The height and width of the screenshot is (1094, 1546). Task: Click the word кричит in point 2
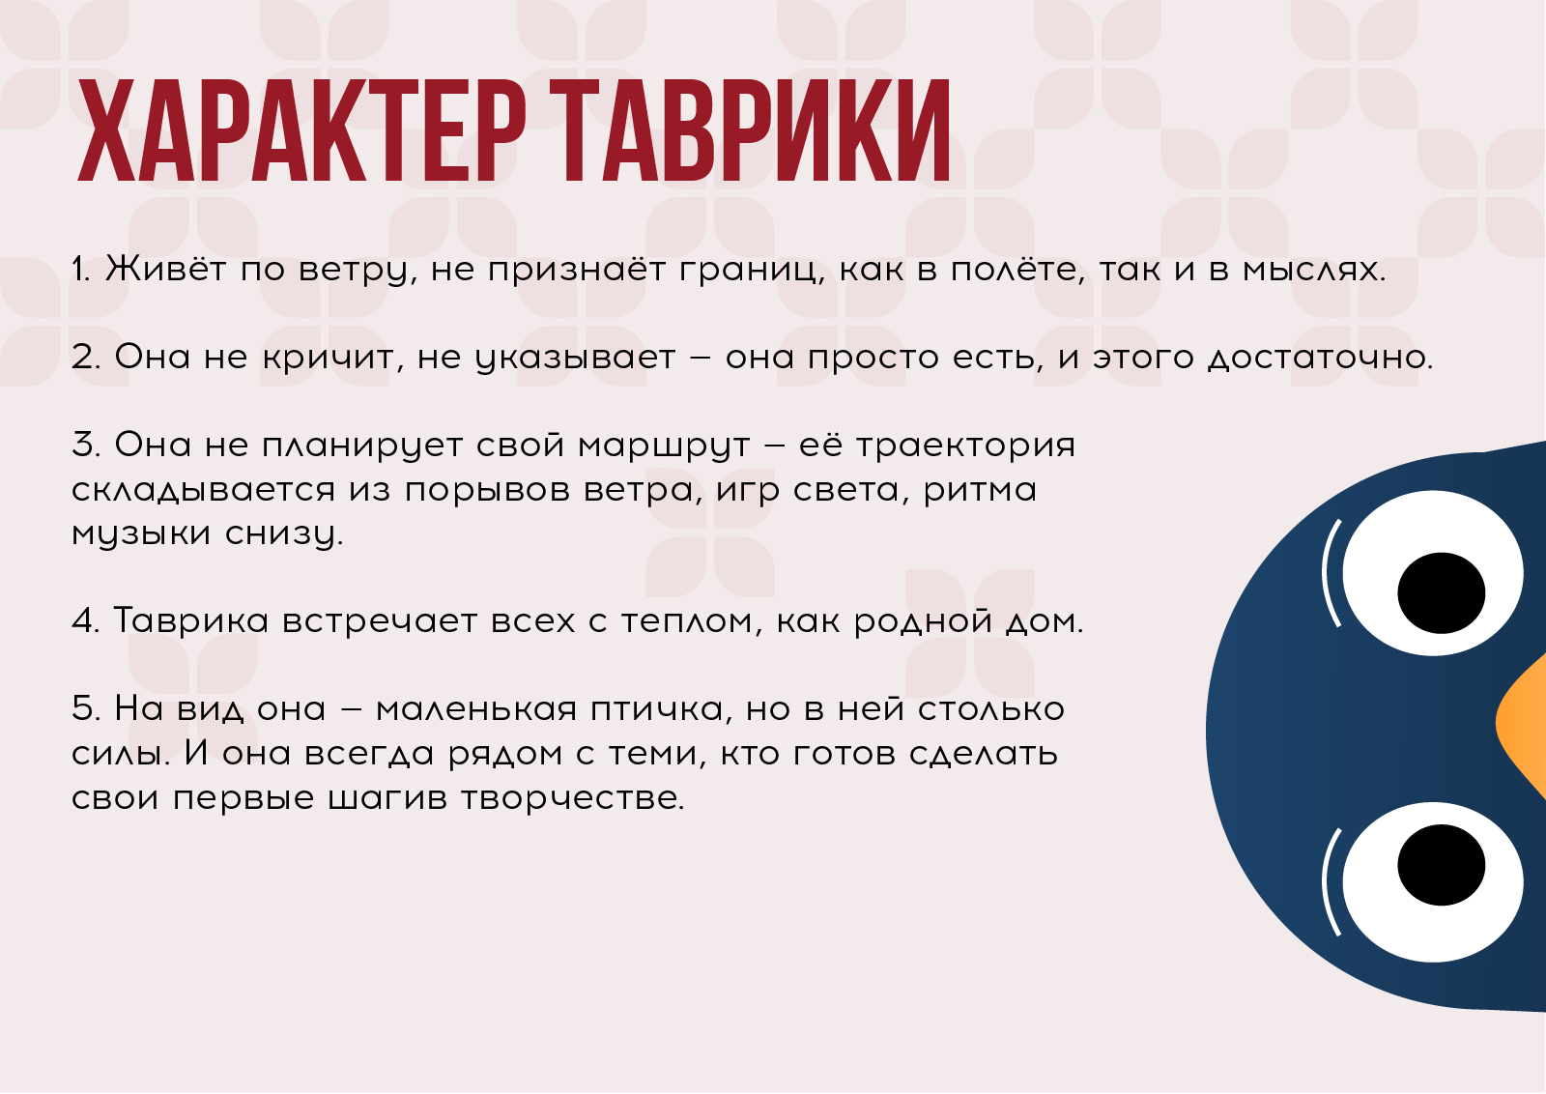point(329,358)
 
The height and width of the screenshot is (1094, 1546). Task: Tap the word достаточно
point(1320,359)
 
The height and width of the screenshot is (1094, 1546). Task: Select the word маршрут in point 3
point(664,446)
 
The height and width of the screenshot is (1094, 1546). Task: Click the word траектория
point(965,446)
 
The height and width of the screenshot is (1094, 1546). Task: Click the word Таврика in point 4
point(191,620)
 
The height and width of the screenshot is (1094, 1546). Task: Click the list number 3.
point(85,445)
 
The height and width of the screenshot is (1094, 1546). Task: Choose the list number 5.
point(85,708)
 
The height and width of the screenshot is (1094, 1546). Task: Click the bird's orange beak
point(1524,723)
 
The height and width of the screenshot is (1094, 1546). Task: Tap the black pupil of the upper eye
point(1441,592)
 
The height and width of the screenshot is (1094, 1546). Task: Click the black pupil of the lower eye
point(1441,865)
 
